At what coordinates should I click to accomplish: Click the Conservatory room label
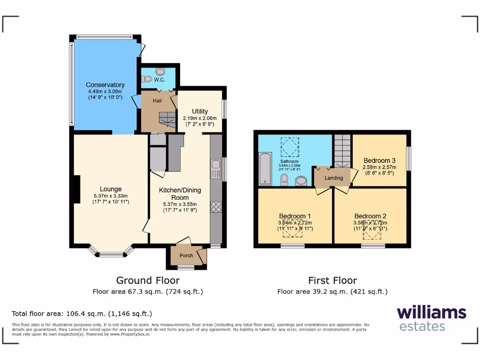[105, 85]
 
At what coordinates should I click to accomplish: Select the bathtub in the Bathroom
[264, 168]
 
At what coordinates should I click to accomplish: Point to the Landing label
[334, 178]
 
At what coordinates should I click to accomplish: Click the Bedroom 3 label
[380, 160]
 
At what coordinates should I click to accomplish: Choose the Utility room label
[200, 112]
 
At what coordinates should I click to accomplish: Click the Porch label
[186, 255]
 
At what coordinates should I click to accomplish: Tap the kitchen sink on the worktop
[216, 169]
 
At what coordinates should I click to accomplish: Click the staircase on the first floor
[343, 150]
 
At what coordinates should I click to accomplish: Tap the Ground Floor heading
[148, 280]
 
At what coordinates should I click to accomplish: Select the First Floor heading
[332, 280]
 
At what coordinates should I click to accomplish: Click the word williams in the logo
[431, 312]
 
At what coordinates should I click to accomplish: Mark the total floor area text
[82, 314]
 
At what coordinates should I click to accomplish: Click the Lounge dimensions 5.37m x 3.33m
[111, 196]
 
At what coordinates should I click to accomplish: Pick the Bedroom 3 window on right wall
[408, 159]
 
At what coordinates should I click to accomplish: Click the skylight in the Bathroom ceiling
[290, 145]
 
